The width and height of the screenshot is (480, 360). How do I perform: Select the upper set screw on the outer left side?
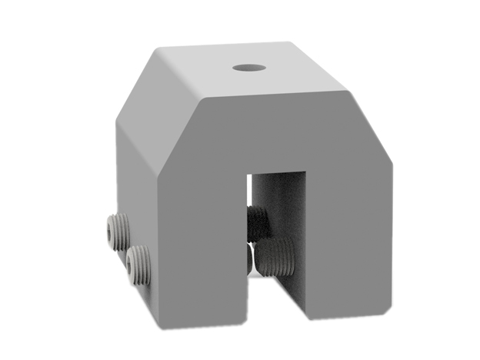tap(118, 230)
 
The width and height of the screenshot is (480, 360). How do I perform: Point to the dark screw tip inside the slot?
tap(258, 223)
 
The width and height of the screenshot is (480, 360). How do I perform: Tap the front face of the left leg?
tap(204, 246)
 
